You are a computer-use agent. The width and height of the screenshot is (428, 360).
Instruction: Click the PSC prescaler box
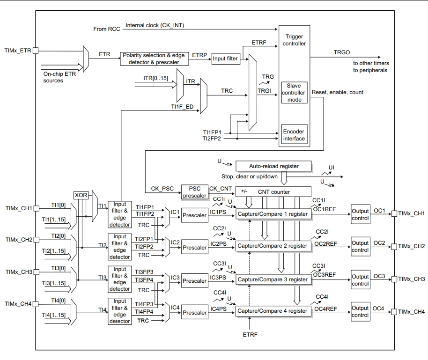(x=195, y=192)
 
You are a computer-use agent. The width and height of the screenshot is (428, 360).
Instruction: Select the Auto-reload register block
(x=273, y=166)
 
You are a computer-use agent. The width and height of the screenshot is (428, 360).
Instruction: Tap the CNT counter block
(x=273, y=191)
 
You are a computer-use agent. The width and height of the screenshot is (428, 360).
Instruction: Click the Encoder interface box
(x=294, y=134)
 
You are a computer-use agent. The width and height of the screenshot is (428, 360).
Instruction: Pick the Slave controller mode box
(x=294, y=93)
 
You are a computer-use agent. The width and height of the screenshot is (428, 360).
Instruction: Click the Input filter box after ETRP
(x=226, y=59)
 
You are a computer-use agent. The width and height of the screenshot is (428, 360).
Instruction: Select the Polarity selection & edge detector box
(x=154, y=59)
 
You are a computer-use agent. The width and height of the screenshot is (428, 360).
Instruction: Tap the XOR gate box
(x=81, y=195)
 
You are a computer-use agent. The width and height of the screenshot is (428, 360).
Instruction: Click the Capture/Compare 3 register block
(x=273, y=279)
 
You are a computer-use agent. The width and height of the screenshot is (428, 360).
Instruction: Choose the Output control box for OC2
(x=361, y=246)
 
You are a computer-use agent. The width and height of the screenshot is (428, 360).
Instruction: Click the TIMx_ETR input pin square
(x=36, y=51)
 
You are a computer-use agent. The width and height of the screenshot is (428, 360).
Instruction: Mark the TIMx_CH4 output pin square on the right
(x=394, y=312)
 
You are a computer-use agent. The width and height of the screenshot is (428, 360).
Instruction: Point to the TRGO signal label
(x=341, y=52)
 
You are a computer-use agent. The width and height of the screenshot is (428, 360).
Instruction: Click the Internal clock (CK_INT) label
(x=155, y=25)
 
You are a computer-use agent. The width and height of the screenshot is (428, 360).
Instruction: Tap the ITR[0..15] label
(x=155, y=78)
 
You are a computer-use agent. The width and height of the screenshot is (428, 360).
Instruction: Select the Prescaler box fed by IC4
(x=195, y=313)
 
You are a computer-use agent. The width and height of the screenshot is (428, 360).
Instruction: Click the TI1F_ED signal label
(x=182, y=107)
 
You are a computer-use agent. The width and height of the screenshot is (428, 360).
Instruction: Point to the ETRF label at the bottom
(x=250, y=334)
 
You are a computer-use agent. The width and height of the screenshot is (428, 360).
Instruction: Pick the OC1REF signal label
(x=324, y=209)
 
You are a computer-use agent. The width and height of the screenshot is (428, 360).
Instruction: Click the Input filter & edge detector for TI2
(x=119, y=247)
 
